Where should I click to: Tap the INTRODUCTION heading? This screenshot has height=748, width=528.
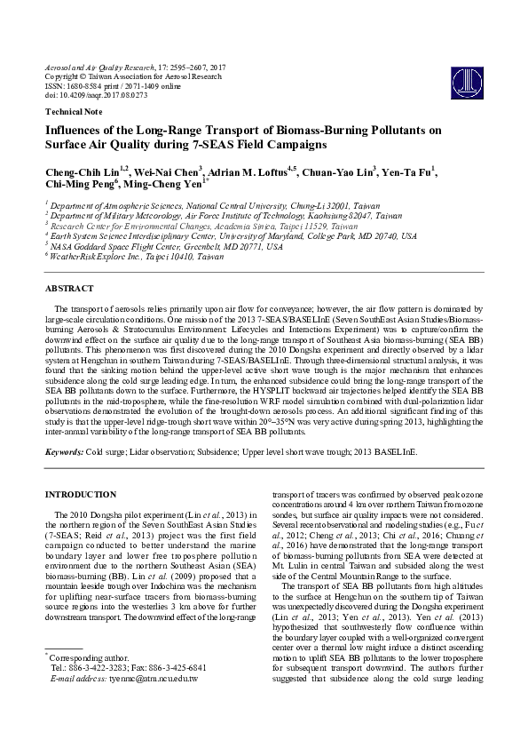point(80,494)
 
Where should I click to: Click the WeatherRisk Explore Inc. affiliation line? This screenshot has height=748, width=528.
point(137,256)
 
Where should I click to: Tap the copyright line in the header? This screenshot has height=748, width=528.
point(132,76)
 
